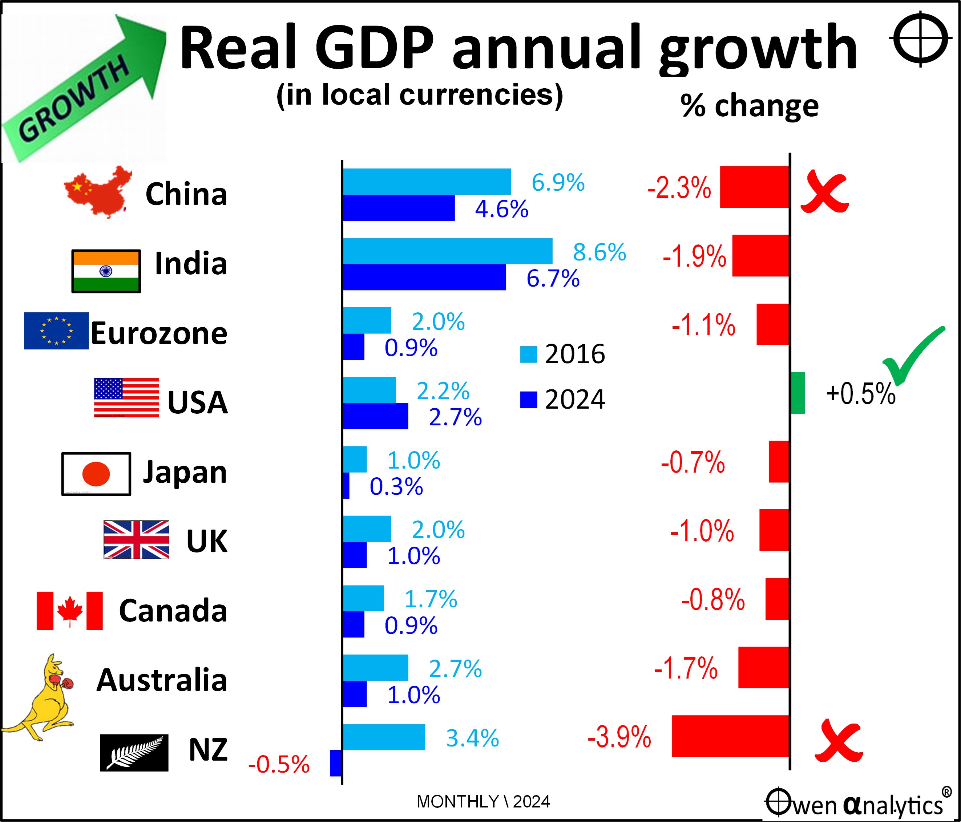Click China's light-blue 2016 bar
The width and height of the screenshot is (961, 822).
pos(427,181)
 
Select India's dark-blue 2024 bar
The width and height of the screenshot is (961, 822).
pos(424,277)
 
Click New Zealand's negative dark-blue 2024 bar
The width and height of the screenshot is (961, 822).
pos(335,763)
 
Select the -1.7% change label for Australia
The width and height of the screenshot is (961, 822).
pos(686,668)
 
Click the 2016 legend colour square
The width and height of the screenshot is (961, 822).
pos(528,354)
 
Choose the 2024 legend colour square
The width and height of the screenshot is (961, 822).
pos(528,400)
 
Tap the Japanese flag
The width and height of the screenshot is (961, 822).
pos(96,474)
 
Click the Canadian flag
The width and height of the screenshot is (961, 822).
pos(69,611)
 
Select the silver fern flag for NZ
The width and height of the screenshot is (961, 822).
pos(134,753)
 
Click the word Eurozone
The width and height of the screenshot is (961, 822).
pos(159,333)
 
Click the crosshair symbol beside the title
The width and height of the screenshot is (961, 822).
pos(920,39)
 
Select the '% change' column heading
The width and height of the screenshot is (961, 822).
pos(749,106)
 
